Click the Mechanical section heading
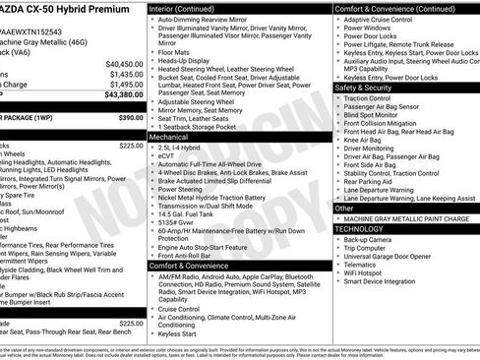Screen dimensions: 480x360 (174, 138)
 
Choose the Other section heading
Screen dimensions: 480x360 (345, 208)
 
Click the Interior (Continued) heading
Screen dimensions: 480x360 (189, 7)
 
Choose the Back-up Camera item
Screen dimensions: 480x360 (369, 239)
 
